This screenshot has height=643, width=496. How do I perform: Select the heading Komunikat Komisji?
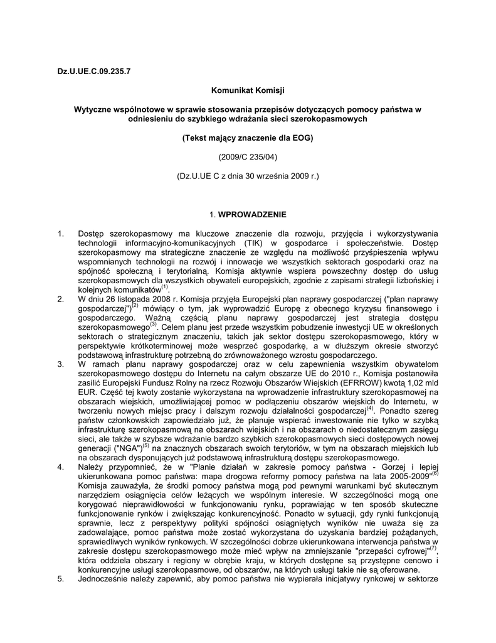coord(248,91)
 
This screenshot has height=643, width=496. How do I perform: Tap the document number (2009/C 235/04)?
coord(248,155)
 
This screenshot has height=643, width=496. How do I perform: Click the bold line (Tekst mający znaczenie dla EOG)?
coord(248,137)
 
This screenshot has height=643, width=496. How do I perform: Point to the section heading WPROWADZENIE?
coord(253,215)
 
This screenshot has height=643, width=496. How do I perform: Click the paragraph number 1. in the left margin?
coord(61,234)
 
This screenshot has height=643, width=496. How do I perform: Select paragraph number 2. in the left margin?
coord(61,300)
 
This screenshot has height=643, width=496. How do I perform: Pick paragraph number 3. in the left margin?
coord(61,364)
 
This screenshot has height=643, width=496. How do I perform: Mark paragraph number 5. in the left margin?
coord(61,579)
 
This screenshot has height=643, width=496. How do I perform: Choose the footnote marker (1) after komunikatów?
coord(165,287)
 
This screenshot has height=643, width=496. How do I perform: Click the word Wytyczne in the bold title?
coord(93,109)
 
